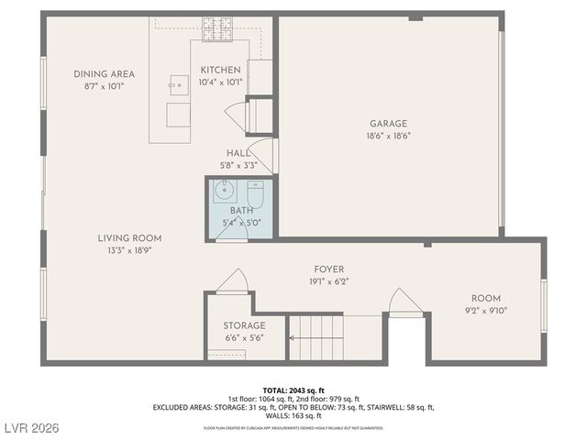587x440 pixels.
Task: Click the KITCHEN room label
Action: tap(221, 70)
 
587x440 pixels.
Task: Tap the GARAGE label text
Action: tap(388, 123)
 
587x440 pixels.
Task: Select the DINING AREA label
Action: tap(105, 73)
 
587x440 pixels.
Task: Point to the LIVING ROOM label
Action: tap(130, 237)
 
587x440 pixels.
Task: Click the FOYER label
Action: tap(328, 269)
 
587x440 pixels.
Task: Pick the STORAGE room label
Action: tap(244, 325)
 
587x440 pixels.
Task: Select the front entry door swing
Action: tap(405, 302)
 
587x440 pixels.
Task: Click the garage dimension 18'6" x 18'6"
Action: tap(388, 136)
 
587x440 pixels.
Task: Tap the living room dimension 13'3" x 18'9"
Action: tap(130, 249)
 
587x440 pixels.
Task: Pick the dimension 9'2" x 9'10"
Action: tap(485, 311)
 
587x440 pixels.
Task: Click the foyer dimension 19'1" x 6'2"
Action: tap(328, 280)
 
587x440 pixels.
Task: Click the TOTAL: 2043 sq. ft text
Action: tap(293, 390)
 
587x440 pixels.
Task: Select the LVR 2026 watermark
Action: tap(31, 427)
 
